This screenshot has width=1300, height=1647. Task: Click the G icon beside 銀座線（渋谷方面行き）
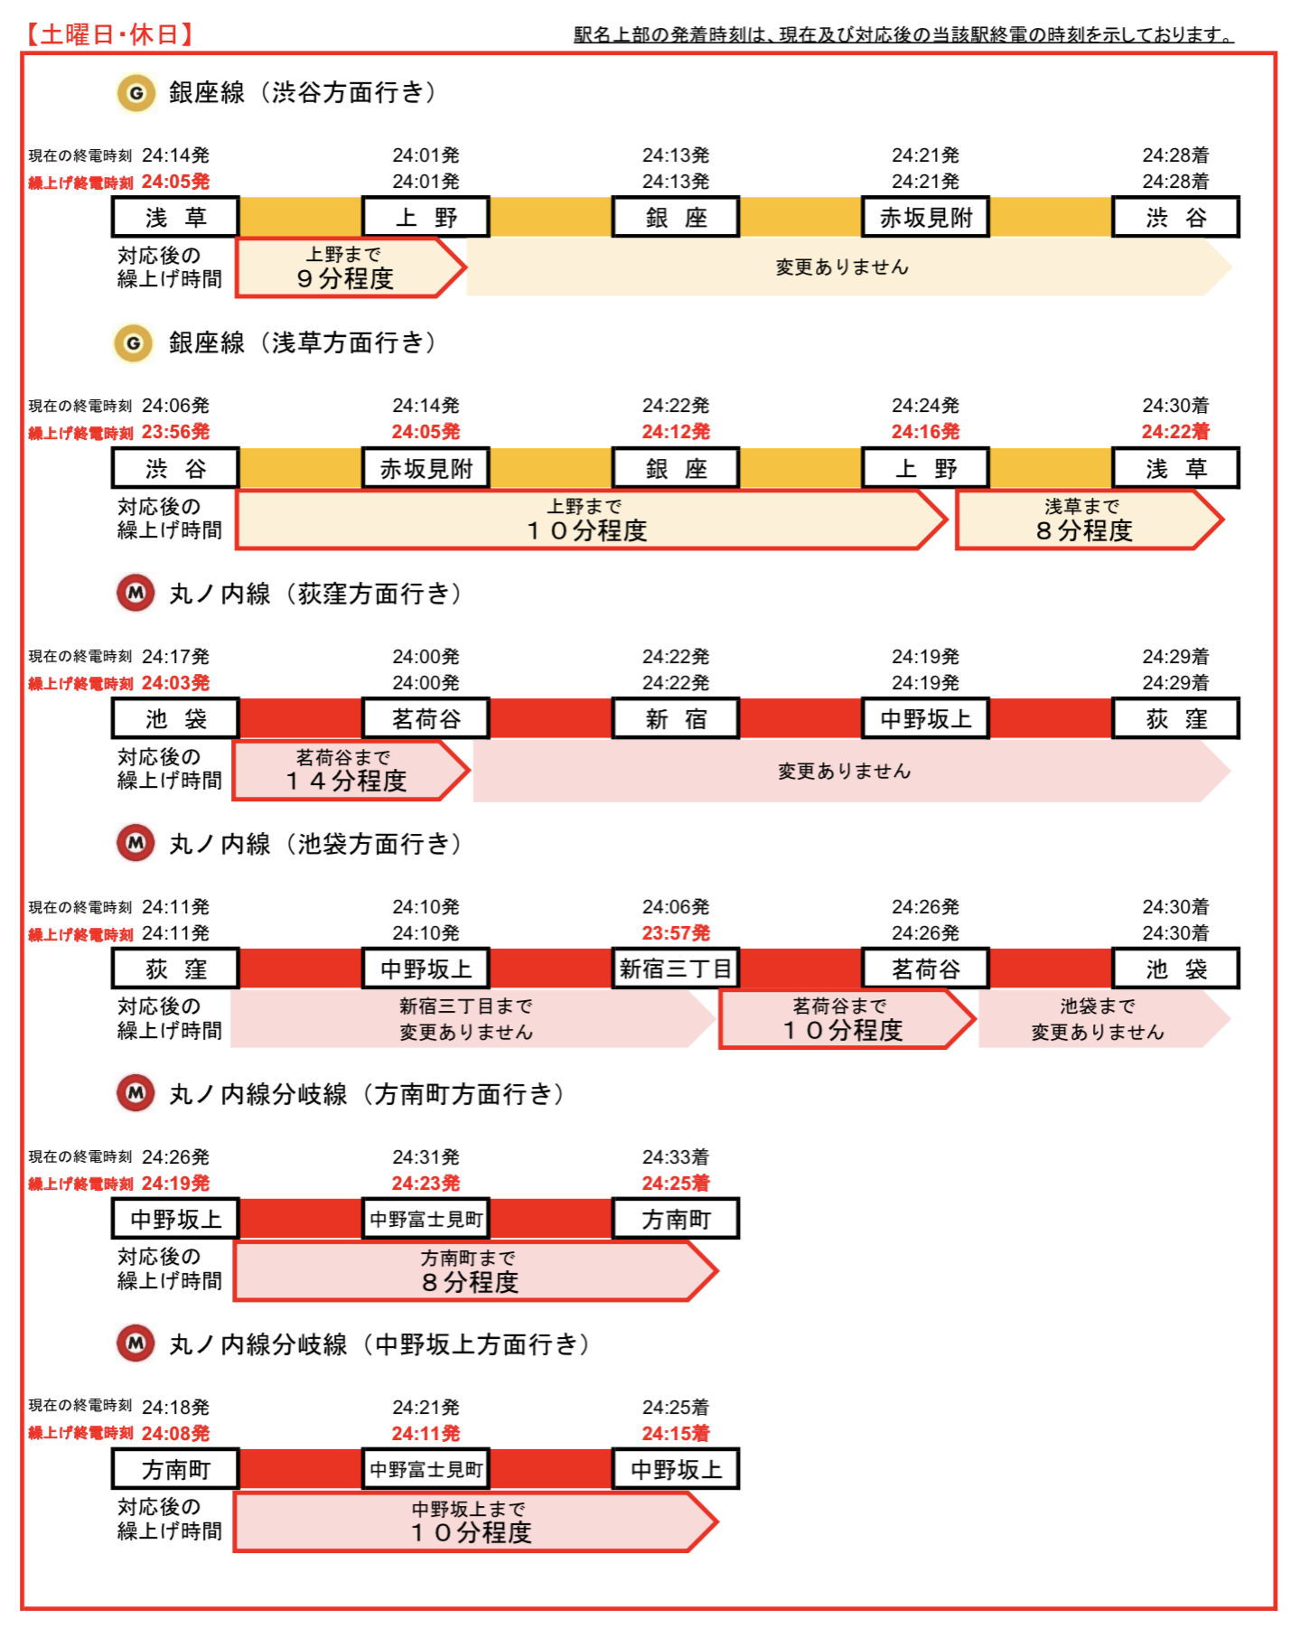click(136, 93)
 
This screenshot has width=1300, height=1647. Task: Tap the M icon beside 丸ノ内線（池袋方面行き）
click(136, 843)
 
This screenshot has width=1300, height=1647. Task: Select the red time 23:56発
click(175, 432)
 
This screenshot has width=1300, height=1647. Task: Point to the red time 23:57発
click(676, 932)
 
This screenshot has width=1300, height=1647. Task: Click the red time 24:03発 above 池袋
click(175, 682)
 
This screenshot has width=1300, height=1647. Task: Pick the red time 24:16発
click(925, 432)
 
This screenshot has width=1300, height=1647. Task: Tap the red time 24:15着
click(676, 1433)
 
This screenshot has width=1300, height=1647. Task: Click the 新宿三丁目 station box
click(676, 969)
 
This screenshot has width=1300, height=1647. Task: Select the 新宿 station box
click(676, 718)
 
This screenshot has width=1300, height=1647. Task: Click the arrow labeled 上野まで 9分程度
click(351, 267)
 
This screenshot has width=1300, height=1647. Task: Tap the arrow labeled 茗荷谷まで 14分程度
click(351, 771)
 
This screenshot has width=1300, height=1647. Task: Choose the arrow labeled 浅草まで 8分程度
click(1090, 519)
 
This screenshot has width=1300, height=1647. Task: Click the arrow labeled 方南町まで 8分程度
click(475, 1271)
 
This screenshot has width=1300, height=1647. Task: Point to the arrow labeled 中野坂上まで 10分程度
click(475, 1521)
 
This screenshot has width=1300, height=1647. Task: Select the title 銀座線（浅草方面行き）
click(304, 342)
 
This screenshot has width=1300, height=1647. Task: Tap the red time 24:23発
click(426, 1183)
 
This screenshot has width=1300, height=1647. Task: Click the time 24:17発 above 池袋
click(175, 656)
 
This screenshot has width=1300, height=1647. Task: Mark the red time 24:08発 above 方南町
click(175, 1433)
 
